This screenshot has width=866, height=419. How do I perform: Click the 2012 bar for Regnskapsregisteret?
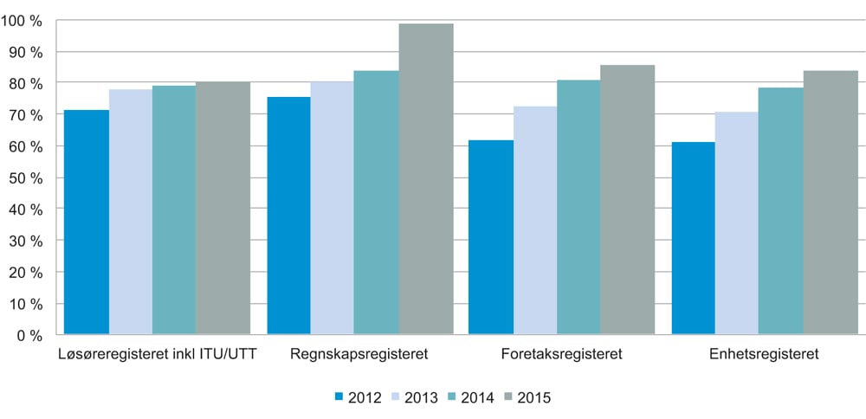click(x=288, y=216)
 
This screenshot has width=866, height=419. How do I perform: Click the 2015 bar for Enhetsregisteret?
click(x=830, y=203)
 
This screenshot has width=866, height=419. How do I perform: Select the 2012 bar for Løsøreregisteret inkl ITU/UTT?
click(x=87, y=222)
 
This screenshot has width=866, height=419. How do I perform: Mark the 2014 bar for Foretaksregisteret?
click(x=578, y=207)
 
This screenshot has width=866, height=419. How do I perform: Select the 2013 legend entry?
click(x=416, y=398)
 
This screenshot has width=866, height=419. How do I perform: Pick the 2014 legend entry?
click(x=473, y=398)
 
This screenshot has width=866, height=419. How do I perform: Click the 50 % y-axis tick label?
click(x=25, y=177)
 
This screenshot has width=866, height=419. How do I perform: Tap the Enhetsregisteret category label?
click(x=765, y=354)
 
